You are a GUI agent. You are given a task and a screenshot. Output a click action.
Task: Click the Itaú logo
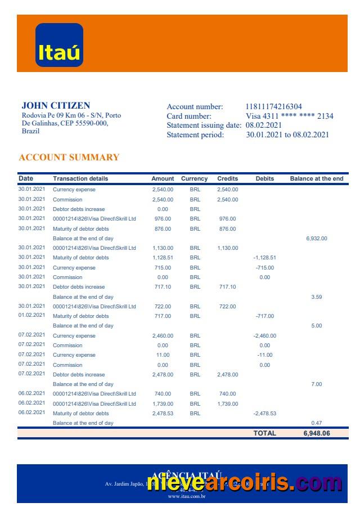click(x=59, y=45)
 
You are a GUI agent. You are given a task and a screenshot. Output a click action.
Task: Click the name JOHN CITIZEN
click(x=56, y=105)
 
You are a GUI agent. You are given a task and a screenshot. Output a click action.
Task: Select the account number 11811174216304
click(x=273, y=106)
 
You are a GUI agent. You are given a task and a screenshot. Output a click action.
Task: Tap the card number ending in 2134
click(x=290, y=116)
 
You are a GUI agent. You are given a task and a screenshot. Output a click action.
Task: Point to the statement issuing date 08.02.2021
click(x=263, y=125)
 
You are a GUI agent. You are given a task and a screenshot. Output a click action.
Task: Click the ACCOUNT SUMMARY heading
click(x=69, y=158)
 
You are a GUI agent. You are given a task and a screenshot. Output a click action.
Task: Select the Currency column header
click(x=194, y=178)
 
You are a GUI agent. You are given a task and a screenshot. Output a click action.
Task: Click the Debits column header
click(x=264, y=178)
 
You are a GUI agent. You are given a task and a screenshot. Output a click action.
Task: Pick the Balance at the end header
click(x=316, y=178)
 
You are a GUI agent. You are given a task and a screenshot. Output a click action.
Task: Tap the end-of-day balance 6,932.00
click(x=316, y=239)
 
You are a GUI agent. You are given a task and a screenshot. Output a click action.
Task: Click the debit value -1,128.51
click(x=264, y=258)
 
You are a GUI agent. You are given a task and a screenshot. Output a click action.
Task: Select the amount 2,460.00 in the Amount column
click(x=163, y=336)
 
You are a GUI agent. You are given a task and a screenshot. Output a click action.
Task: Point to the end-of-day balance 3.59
click(x=316, y=297)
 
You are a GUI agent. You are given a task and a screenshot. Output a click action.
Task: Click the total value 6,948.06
click(x=316, y=433)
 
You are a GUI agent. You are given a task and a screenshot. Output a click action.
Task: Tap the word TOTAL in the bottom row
click(x=264, y=433)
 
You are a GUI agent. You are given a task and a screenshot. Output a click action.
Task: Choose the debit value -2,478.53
click(x=264, y=414)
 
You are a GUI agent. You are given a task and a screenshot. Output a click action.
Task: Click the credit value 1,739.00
click(x=227, y=404)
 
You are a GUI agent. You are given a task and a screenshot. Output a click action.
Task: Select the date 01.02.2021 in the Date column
click(x=31, y=316)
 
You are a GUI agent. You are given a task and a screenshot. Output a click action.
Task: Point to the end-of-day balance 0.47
click(x=316, y=423)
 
